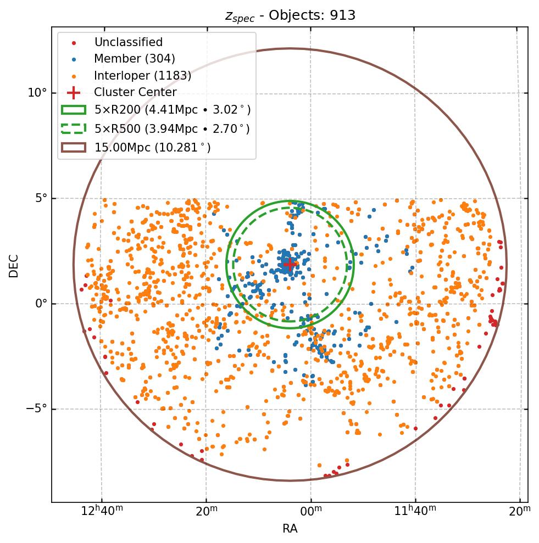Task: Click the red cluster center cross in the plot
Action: (290, 264)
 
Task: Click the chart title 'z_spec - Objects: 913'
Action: (290, 15)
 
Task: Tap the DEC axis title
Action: (14, 265)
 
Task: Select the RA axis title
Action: (290, 528)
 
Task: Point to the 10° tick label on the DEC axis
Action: (37, 92)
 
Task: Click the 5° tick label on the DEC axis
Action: (40, 198)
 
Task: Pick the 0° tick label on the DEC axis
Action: (40, 304)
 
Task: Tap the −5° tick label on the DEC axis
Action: (37, 409)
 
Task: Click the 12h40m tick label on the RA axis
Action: (102, 512)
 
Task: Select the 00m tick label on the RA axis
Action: (310, 512)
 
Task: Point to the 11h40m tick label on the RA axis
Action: (415, 512)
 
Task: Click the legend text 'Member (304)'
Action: (135, 59)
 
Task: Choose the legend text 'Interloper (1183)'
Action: (143, 76)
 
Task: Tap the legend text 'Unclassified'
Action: (129, 42)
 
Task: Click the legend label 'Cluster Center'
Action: (135, 92)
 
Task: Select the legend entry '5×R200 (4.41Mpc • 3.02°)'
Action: (173, 110)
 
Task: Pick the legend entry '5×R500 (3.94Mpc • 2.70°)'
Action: (172, 128)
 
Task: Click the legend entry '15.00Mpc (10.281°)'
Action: (153, 147)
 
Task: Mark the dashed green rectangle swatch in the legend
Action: (73, 128)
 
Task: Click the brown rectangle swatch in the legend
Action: (73, 147)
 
